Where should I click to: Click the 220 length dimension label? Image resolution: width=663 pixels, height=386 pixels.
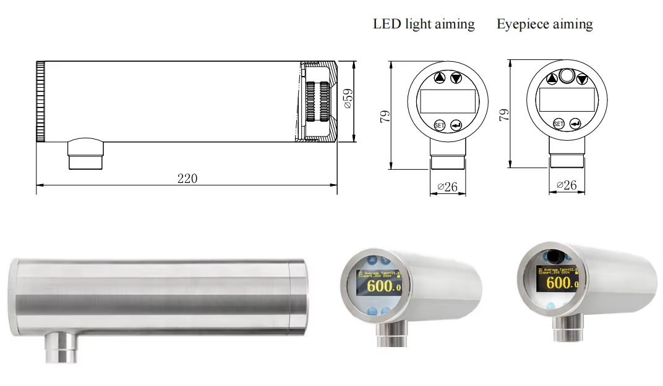pyautogui.click(x=187, y=178)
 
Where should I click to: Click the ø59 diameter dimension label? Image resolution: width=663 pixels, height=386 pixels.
pyautogui.click(x=348, y=99)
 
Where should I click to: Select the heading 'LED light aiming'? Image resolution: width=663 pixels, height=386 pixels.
pyautogui.click(x=424, y=25)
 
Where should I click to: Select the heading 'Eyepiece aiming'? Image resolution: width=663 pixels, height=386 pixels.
pyautogui.click(x=544, y=25)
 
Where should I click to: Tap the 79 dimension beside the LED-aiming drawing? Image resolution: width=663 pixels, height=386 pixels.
pyautogui.click(x=384, y=115)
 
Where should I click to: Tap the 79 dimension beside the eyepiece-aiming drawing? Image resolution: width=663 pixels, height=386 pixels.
pyautogui.click(x=503, y=115)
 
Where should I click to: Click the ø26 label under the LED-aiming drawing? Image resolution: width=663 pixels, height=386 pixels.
pyautogui.click(x=447, y=186)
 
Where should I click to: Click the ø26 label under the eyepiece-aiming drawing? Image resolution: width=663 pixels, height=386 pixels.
pyautogui.click(x=567, y=185)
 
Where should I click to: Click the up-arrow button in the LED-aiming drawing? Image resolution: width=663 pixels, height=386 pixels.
pyautogui.click(x=439, y=78)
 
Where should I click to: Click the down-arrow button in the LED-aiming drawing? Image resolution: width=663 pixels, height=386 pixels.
pyautogui.click(x=456, y=78)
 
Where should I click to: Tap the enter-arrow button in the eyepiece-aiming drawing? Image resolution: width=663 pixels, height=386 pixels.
pyautogui.click(x=575, y=124)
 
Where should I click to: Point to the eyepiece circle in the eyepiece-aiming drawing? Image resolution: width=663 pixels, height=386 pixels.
pyautogui.click(x=567, y=77)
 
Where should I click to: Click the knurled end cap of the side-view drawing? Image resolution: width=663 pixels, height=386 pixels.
pyautogui.click(x=40, y=101)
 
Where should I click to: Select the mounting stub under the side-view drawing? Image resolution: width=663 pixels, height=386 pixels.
pyautogui.click(x=85, y=154)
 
